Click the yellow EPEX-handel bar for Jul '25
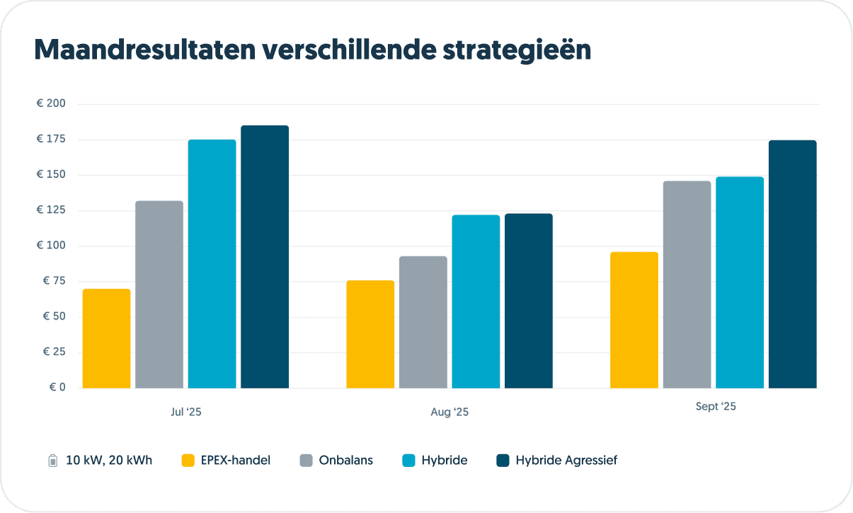point(106,339)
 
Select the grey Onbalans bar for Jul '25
point(159,295)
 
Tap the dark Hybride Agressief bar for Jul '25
point(265,257)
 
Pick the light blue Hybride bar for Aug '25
point(476,302)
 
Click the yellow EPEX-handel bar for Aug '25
point(370,334)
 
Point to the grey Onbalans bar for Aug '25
point(423,322)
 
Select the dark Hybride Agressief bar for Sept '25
point(793,264)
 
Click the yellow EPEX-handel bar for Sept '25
point(634,320)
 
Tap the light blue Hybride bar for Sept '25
point(740,283)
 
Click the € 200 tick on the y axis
point(51,104)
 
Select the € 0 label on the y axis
point(57,388)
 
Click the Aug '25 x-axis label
point(450,412)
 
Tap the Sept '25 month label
point(716,407)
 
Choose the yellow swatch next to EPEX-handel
point(188,461)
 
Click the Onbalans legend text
point(346,461)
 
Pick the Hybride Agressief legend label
point(566,461)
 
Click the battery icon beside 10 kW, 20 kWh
point(53,461)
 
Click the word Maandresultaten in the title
point(144,50)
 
